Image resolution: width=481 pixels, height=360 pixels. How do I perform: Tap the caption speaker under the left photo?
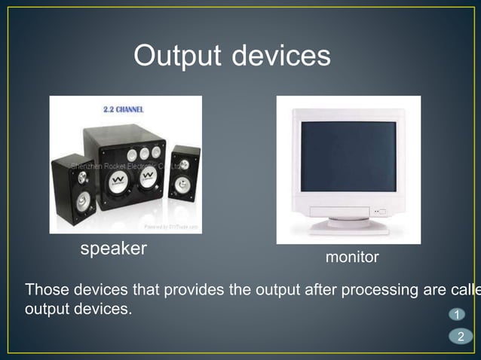114,249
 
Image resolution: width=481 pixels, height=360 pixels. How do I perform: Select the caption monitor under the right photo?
352,258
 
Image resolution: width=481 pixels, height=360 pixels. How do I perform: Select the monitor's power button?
381,212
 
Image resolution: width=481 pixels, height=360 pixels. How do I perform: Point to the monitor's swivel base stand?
348,225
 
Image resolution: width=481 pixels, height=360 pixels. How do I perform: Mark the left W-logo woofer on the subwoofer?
117,180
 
